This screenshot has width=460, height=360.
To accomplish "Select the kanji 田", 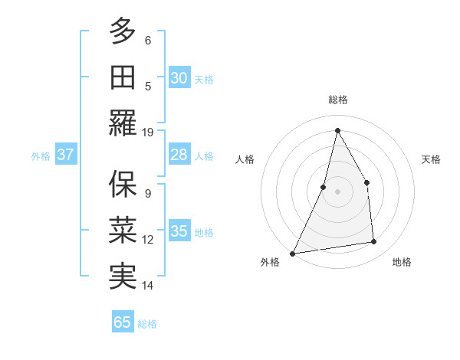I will coord(123,77).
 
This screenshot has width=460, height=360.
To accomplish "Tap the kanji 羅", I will coord(123,123).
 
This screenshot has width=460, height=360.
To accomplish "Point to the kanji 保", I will coord(123,184).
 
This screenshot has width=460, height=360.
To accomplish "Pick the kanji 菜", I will coord(123,231).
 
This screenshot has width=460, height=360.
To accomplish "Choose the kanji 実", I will coord(123,277).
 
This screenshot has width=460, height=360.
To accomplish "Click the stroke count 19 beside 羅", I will coord(149,132).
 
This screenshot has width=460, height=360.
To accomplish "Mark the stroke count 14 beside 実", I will coord(149,286).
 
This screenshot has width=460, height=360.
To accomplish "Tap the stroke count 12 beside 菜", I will coord(149,240).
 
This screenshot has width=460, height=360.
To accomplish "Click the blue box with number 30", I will coord(179,77).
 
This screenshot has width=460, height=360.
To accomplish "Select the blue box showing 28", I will coord(179,155).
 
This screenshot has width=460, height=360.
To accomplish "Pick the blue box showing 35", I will coord(179,231).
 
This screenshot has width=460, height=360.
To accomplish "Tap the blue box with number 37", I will coord(65,155).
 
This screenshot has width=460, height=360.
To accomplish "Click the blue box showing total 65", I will coord(123,322).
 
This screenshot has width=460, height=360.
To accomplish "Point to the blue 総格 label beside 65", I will coord(148,324).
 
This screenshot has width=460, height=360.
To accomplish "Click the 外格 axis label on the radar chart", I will coord(270,262).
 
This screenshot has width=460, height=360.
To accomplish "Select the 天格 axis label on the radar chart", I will coord(432,159).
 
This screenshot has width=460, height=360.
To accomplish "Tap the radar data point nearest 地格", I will coord(374,242).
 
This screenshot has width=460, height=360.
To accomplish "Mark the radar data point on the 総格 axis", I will coord(337,130).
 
